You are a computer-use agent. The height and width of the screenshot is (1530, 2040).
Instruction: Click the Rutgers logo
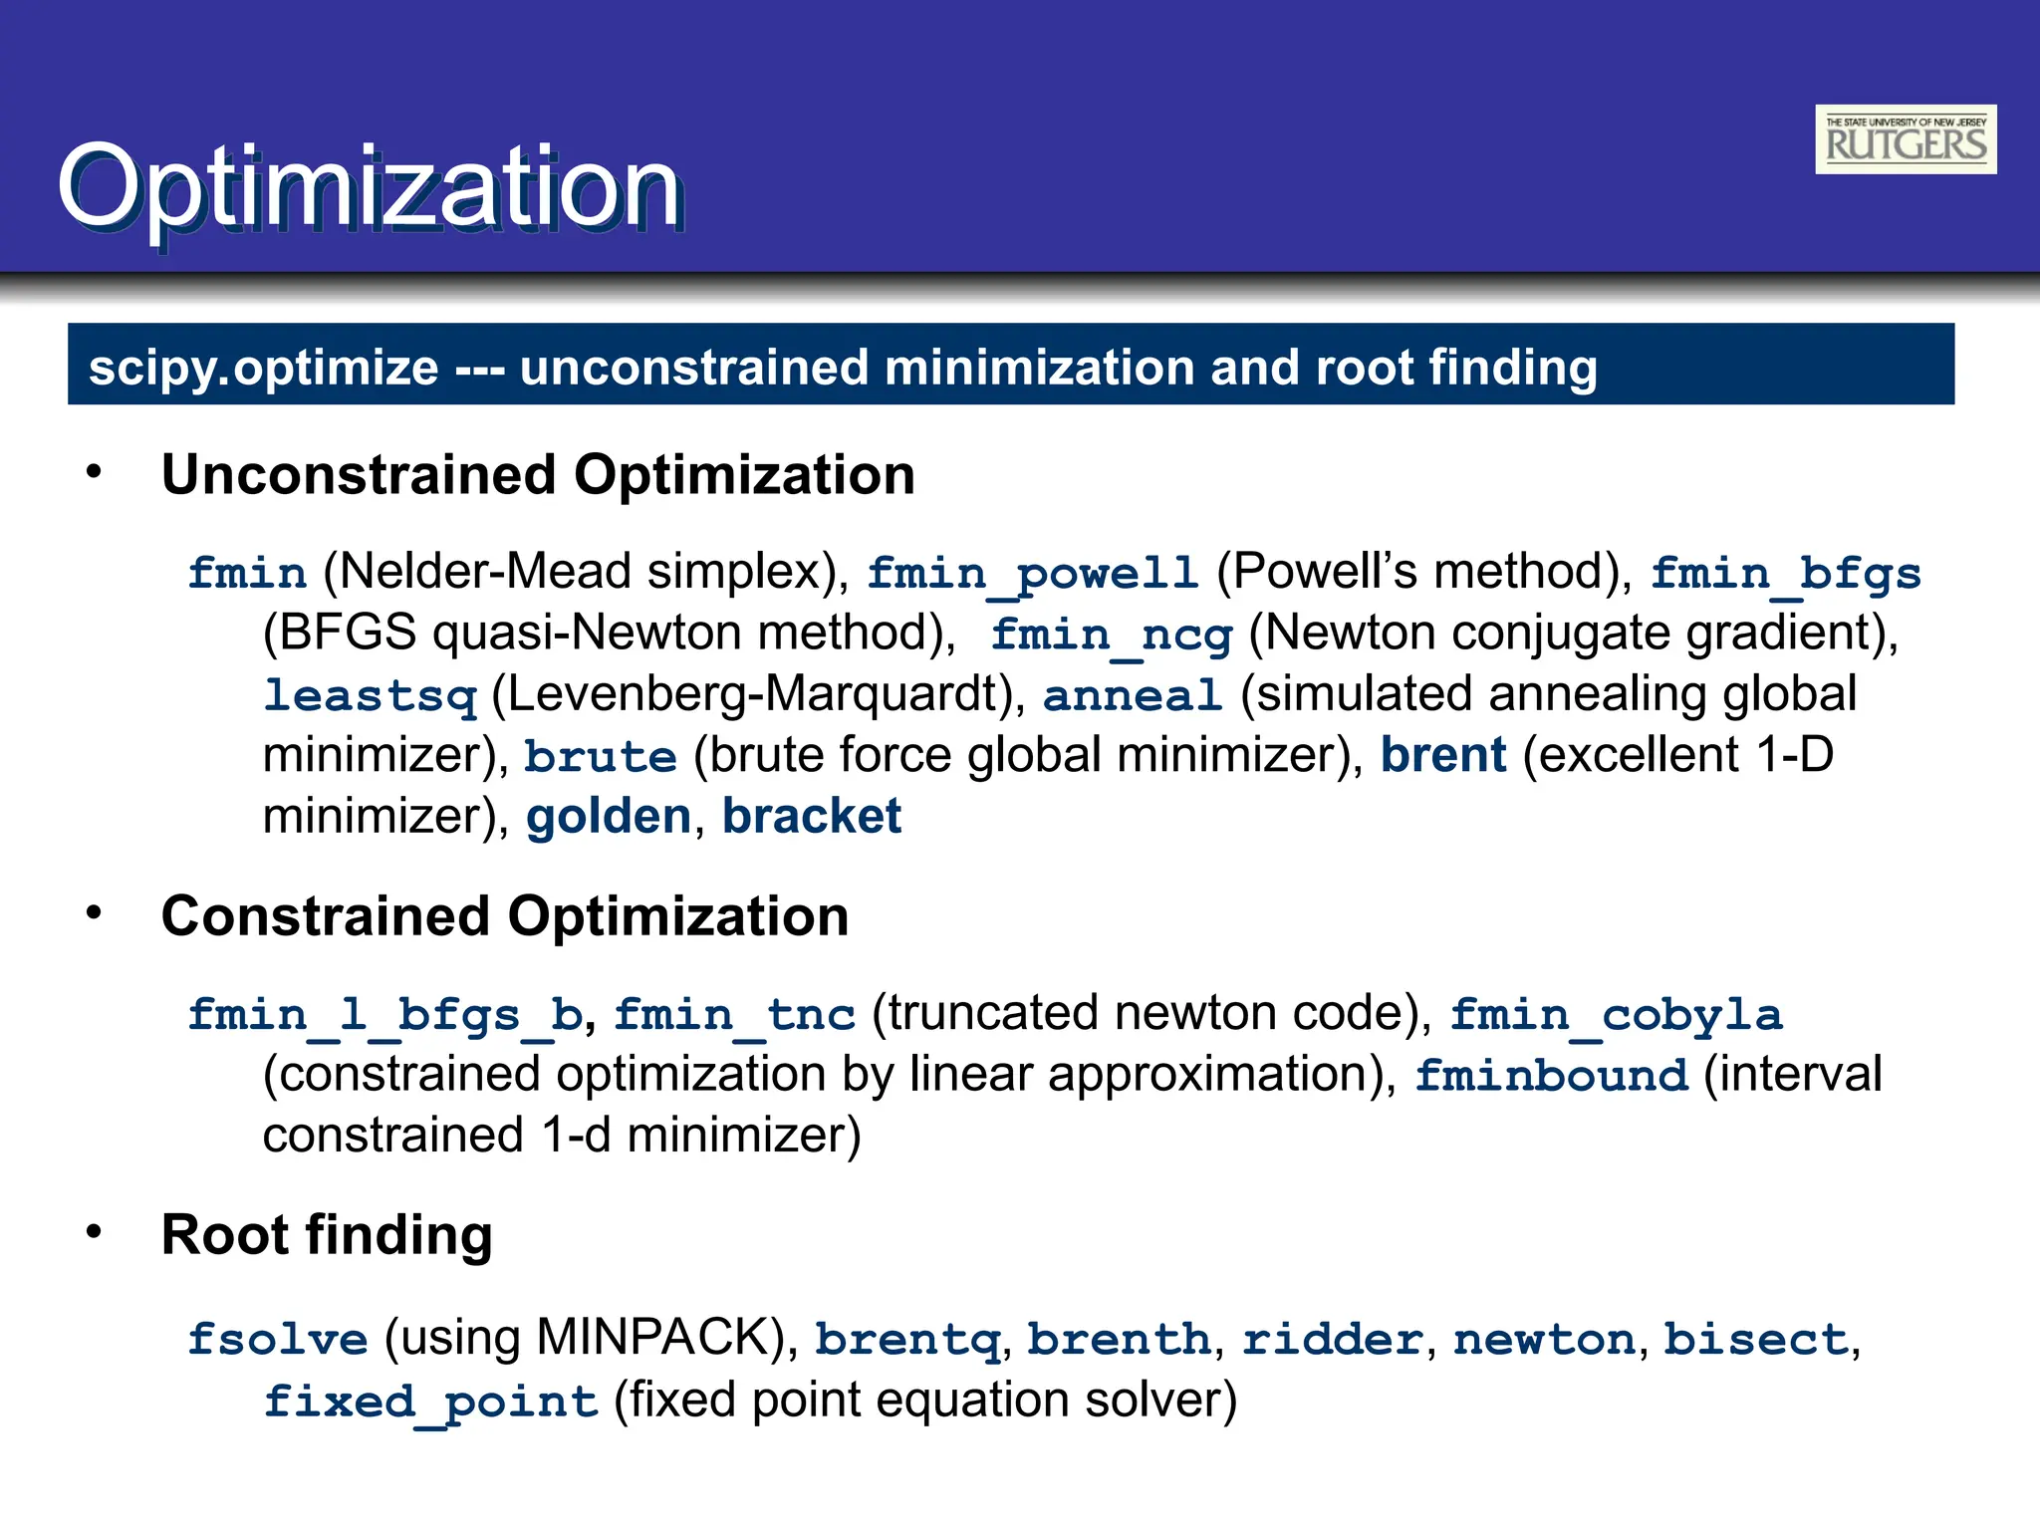click(1905, 139)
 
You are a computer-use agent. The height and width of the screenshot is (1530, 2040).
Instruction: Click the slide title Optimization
click(370, 186)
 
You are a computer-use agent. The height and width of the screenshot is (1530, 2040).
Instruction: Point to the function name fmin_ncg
click(1112, 635)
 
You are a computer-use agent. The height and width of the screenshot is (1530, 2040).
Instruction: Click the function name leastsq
click(370, 695)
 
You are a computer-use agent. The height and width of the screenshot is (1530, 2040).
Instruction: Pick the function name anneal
click(1132, 695)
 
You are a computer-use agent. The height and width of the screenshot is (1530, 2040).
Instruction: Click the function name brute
click(600, 756)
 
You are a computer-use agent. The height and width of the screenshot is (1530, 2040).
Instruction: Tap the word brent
click(1442, 755)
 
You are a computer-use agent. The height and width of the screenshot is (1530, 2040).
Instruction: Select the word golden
click(608, 817)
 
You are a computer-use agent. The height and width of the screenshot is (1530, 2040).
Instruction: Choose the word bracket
click(811, 817)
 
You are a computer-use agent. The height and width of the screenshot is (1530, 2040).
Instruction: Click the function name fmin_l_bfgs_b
click(385, 1015)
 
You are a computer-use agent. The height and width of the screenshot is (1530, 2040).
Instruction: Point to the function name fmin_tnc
click(734, 1015)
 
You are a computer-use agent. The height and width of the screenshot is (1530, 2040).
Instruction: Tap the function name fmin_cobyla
click(1615, 1015)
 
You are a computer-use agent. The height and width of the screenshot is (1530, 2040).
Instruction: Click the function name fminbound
click(1551, 1076)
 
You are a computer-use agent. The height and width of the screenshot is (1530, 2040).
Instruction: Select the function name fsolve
click(278, 1339)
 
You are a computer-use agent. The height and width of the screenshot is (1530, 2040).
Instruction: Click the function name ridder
click(1332, 1339)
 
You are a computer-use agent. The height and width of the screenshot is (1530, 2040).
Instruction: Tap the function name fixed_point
click(430, 1402)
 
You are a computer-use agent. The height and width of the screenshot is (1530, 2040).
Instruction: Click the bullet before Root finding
click(94, 1232)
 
